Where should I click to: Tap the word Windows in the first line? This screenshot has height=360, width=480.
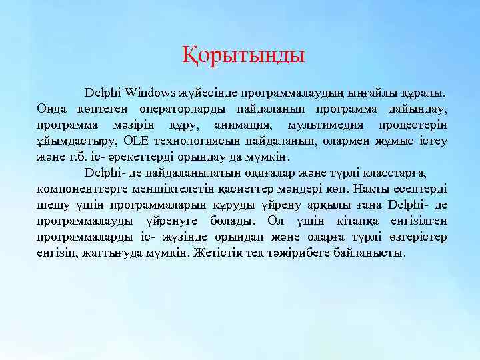tap(151, 91)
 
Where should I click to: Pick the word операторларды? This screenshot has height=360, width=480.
tap(180, 108)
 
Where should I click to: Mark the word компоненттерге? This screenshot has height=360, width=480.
tap(81, 189)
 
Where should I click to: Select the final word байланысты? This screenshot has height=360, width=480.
tap(380, 253)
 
